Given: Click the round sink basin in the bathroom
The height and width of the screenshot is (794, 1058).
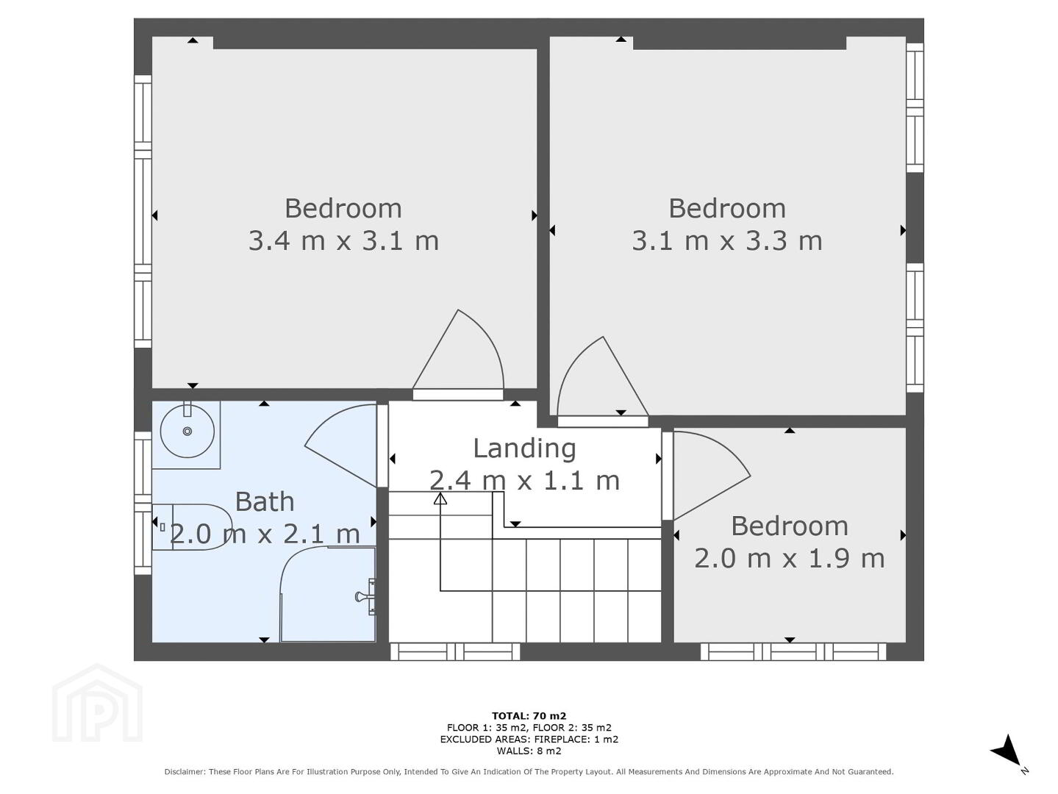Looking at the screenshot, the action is pyautogui.click(x=187, y=431).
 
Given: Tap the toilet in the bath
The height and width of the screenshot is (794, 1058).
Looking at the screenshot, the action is pyautogui.click(x=192, y=527).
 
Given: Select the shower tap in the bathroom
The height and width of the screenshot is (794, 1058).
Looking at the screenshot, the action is pyautogui.click(x=366, y=596).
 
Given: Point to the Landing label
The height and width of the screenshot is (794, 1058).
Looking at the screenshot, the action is pyautogui.click(x=524, y=448).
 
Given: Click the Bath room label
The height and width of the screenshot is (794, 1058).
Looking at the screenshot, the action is pyautogui.click(x=265, y=502).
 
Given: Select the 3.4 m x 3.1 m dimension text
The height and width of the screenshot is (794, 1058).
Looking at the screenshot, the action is pyautogui.click(x=343, y=240).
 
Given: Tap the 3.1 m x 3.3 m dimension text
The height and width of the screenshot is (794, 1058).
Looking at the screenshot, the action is pyautogui.click(x=727, y=240).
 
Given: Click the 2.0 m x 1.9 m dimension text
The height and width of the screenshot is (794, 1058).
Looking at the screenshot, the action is pyautogui.click(x=790, y=559).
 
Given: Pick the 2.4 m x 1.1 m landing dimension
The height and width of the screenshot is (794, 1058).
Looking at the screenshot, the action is pyautogui.click(x=524, y=481).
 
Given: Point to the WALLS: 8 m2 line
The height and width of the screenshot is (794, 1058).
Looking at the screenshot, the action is pyautogui.click(x=529, y=751).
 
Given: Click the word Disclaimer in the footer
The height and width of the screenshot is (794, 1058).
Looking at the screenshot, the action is pyautogui.click(x=185, y=772).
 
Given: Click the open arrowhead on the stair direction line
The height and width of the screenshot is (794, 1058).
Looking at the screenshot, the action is pyautogui.click(x=440, y=498).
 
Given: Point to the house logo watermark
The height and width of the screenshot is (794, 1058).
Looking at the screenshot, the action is pyautogui.click(x=97, y=703).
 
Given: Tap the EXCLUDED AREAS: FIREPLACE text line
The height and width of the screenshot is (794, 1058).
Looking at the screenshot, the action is pyautogui.click(x=529, y=740).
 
